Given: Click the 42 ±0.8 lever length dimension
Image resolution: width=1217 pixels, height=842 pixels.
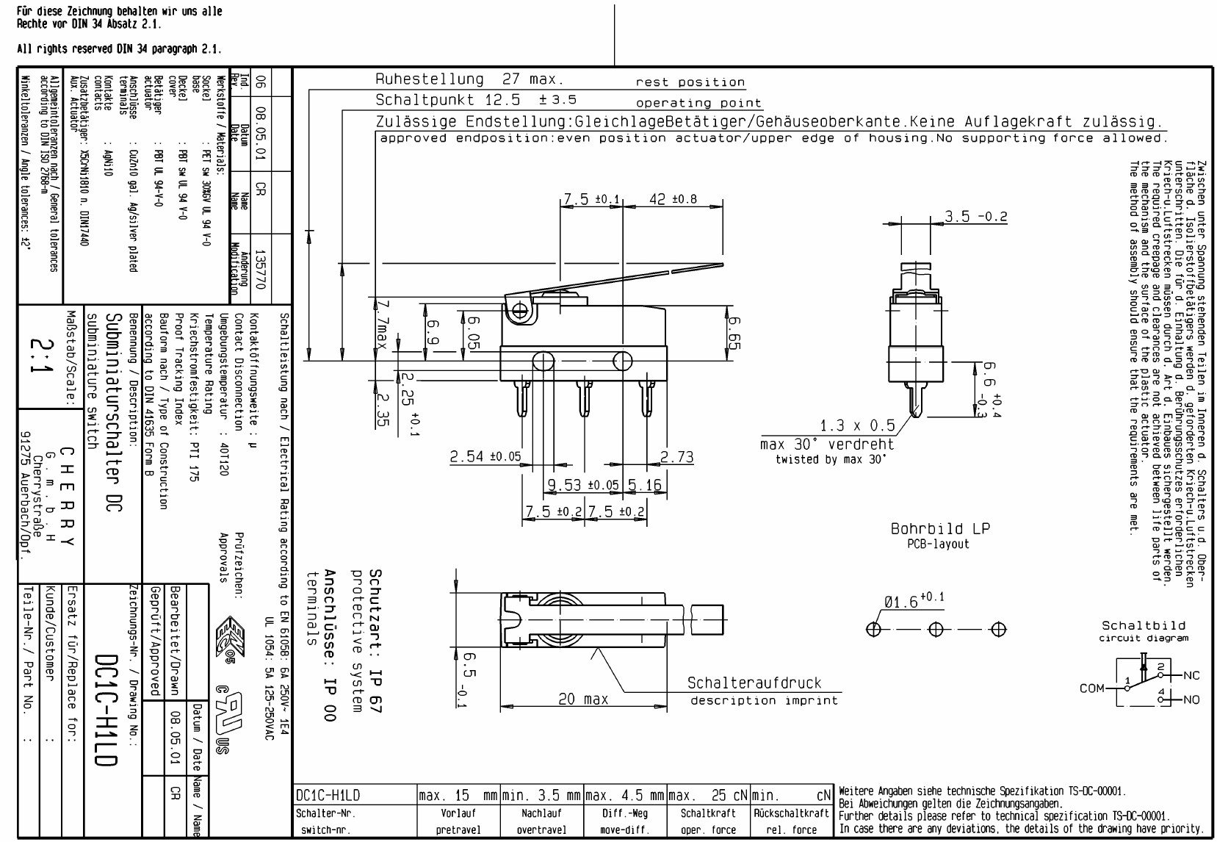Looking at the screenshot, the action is [x=673, y=199].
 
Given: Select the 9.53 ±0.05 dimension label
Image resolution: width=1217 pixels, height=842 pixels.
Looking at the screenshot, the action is [x=583, y=484].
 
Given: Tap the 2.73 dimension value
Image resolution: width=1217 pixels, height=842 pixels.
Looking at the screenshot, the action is [x=677, y=456].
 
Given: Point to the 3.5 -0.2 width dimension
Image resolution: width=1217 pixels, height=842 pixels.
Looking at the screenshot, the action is [x=976, y=216].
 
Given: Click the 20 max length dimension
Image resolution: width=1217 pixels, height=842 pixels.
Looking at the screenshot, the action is [x=583, y=699].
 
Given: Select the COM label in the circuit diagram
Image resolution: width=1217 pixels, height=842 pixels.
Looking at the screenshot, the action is [x=1092, y=688].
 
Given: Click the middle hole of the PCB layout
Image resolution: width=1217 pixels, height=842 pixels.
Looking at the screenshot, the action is [x=936, y=630].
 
